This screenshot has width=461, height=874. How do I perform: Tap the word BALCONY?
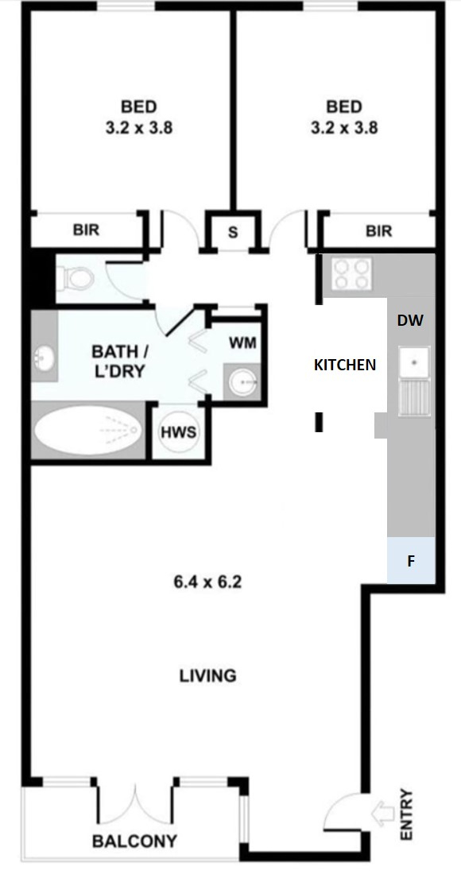coord(135,841)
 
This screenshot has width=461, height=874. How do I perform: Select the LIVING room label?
coord(208,675)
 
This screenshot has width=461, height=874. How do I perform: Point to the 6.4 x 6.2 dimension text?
coord(208,582)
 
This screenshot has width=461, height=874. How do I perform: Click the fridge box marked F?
coord(412,561)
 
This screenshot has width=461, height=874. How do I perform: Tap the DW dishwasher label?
coord(410,320)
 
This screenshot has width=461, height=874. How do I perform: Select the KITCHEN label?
coord(345,365)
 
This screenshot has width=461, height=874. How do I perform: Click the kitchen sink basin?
coord(414,362)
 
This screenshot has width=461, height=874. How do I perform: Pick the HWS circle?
coord(178,432)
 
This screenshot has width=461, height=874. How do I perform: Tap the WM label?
coord(242,342)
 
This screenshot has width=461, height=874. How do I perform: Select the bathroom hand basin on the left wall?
coord(45,358)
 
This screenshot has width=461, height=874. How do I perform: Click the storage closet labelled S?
coord(233,232)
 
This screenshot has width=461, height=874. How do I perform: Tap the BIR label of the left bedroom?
coord(86,230)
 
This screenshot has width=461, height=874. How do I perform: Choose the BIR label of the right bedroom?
coord(378,230)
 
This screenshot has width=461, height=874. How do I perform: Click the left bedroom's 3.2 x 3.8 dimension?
coord(139,128)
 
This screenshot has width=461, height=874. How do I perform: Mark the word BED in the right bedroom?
coord(344,106)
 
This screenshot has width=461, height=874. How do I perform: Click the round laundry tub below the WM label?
coord(242,381)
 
